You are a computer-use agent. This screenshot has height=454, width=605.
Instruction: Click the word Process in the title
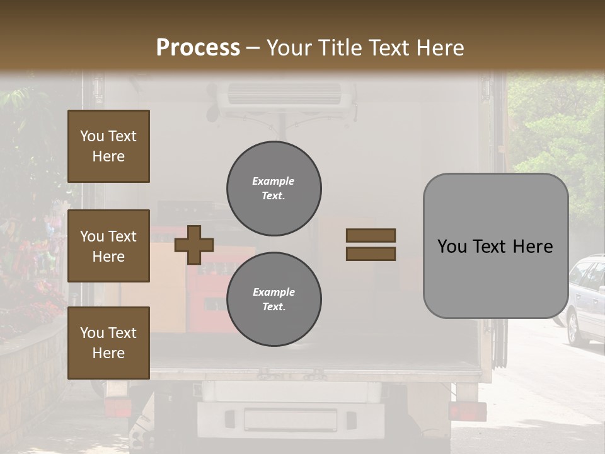(x=198, y=48)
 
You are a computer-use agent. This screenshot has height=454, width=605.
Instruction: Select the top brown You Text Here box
(x=108, y=146)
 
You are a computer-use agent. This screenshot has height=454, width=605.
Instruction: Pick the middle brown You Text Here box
(x=108, y=246)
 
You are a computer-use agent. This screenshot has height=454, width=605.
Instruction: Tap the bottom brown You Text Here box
(x=108, y=343)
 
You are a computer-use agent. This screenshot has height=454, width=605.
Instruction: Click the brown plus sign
(x=194, y=245)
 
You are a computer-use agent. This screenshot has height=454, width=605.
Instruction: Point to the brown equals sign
(x=371, y=245)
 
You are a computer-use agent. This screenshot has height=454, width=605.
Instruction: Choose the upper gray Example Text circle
(x=274, y=189)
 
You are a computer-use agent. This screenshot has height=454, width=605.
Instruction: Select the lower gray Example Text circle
(x=274, y=300)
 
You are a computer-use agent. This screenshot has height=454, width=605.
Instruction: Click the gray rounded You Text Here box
(x=495, y=246)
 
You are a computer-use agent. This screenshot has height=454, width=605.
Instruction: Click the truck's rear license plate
(x=290, y=419)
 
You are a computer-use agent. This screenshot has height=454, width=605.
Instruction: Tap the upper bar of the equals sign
(x=371, y=235)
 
